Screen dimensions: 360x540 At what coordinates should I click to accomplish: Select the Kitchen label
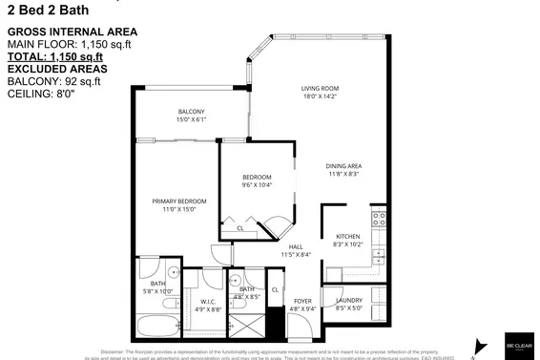tap(347, 237)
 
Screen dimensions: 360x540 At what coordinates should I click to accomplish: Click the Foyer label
tap(301, 301)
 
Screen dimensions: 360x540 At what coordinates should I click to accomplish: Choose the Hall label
tap(296, 246)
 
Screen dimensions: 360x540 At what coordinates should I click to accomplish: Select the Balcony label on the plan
tap(191, 112)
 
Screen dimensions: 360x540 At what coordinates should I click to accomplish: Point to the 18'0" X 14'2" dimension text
tap(322, 95)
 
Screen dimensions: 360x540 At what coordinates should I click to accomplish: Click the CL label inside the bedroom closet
tap(239, 228)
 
